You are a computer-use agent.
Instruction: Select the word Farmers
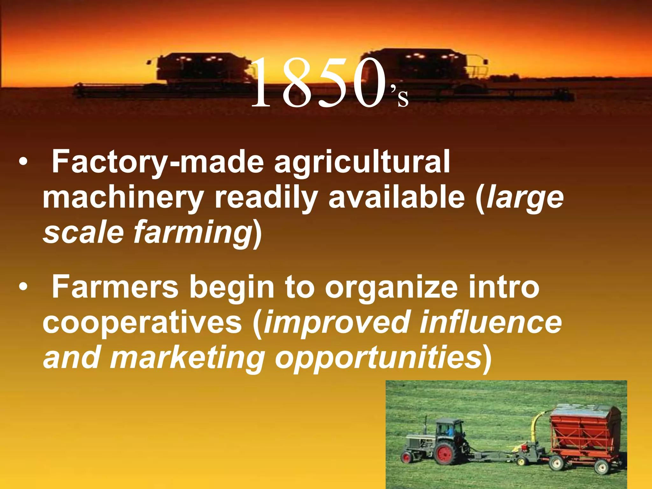pyautogui.click(x=115, y=287)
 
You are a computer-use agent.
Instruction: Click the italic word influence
pyautogui.click(x=491, y=322)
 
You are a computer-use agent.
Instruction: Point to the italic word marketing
pyautogui.click(x=188, y=358)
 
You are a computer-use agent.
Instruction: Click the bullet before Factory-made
pyautogui.click(x=23, y=162)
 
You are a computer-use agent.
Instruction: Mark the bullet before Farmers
pyautogui.click(x=23, y=287)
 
